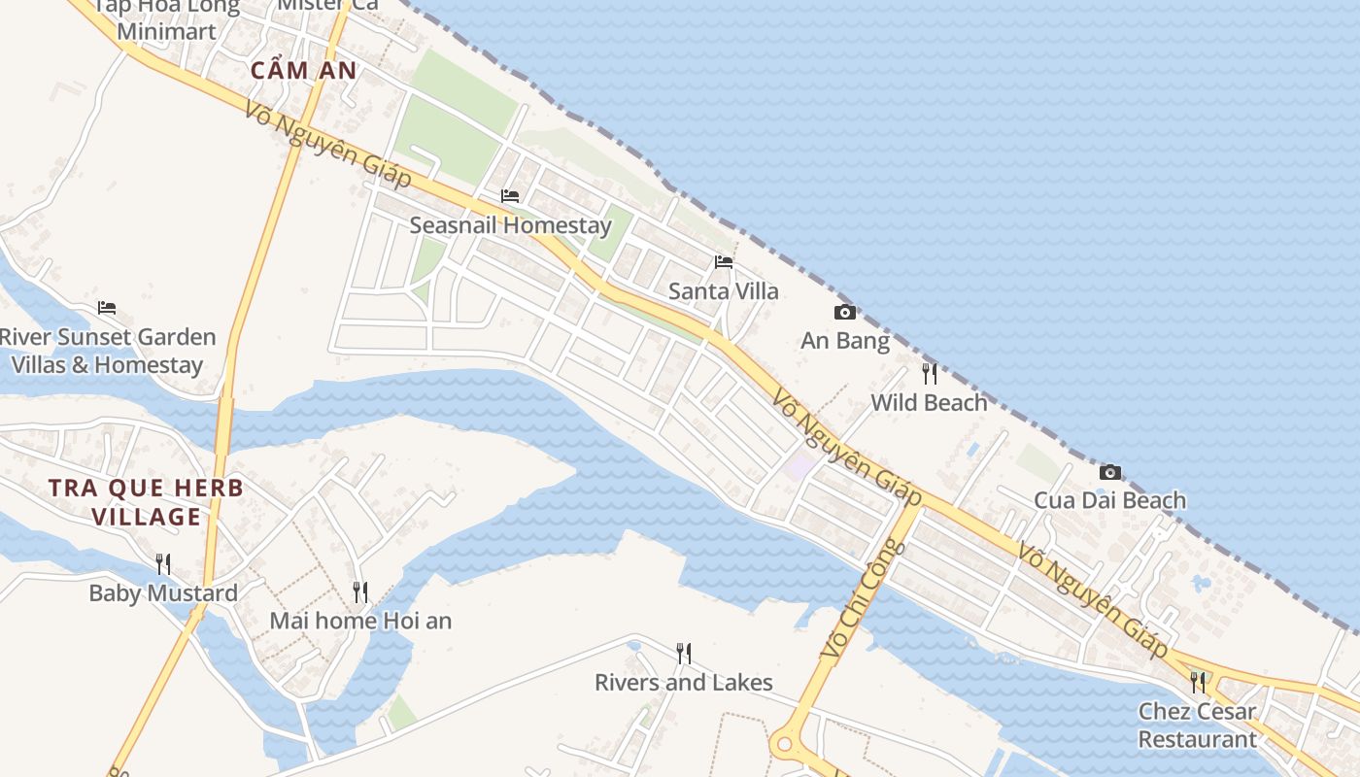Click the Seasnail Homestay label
pyautogui.click(x=510, y=225)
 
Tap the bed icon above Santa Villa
pyautogui.click(x=724, y=262)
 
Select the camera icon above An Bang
pyautogui.click(x=845, y=312)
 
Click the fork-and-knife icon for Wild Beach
pyautogui.click(x=930, y=373)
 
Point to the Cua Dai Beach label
pyautogui.click(x=1109, y=501)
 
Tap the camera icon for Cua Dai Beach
pyautogui.click(x=1109, y=473)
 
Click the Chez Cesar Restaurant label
pyautogui.click(x=1197, y=725)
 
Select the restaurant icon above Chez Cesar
pyautogui.click(x=1198, y=682)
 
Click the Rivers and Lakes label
pyautogui.click(x=684, y=683)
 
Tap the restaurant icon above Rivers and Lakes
pyautogui.click(x=684, y=653)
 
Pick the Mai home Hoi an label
pyautogui.click(x=360, y=621)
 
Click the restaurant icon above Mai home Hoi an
pyautogui.click(x=360, y=591)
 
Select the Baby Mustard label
pyautogui.click(x=163, y=593)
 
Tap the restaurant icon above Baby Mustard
pyautogui.click(x=163, y=563)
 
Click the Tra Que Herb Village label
pyautogui.click(x=146, y=501)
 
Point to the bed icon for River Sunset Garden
pyautogui.click(x=107, y=308)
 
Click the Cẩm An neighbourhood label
pyautogui.click(x=303, y=71)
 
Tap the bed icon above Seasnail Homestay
pyautogui.click(x=510, y=196)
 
